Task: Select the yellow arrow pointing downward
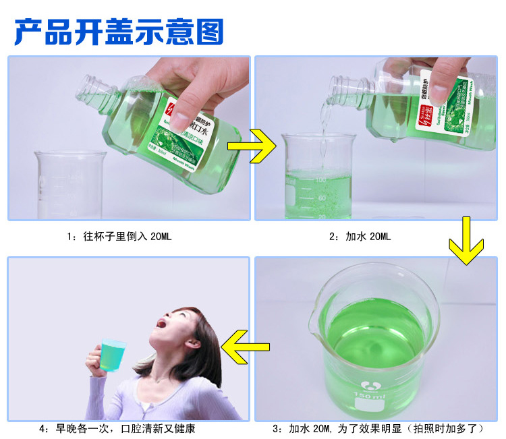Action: click(x=466, y=242)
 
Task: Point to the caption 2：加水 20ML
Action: click(x=360, y=237)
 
